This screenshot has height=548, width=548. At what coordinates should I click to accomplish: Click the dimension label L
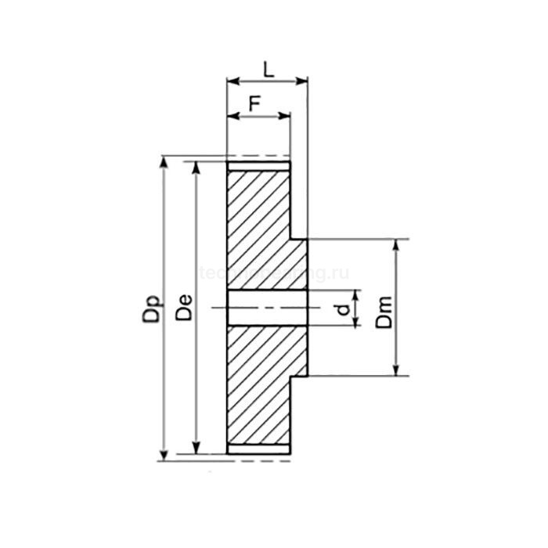pyautogui.click(x=269, y=69)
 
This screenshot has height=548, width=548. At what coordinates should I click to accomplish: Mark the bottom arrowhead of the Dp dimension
pyautogui.click(x=164, y=456)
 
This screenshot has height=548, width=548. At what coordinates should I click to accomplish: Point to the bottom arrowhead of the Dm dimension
pyautogui.click(x=397, y=373)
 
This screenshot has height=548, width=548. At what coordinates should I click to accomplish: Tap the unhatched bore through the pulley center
pyautogui.click(x=266, y=308)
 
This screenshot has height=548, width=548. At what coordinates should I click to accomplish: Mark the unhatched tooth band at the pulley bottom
pyautogui.click(x=258, y=449)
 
